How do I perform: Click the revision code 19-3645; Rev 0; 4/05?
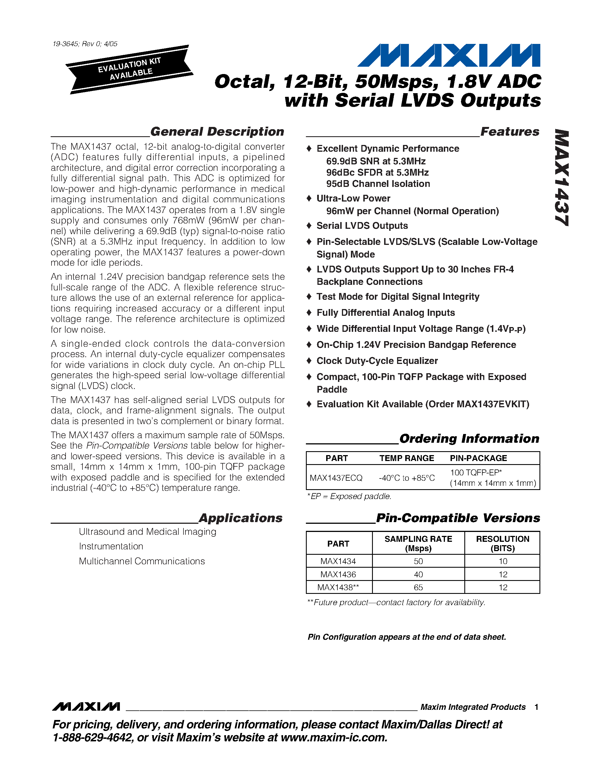pyautogui.click(x=85, y=44)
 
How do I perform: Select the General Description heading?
pyautogui.click(x=217, y=131)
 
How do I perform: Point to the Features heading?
pyautogui.click(x=509, y=131)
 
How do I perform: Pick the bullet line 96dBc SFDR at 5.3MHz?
pyautogui.click(x=377, y=173)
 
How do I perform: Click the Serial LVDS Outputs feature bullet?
pyautogui.click(x=362, y=226)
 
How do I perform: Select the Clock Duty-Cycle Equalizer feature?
pyautogui.click(x=377, y=361)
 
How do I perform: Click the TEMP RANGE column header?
pyautogui.click(x=407, y=458)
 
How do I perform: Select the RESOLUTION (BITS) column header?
pyautogui.click(x=502, y=543)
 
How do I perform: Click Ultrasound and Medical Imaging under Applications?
pyautogui.click(x=147, y=532)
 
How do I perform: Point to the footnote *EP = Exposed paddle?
pyautogui.click(x=349, y=496)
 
